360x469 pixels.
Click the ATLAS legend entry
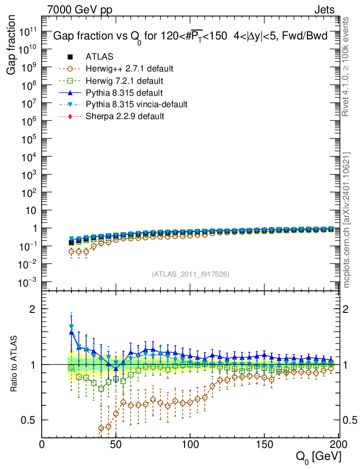pyautogui.click(x=99, y=57)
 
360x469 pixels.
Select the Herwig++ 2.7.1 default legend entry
pyautogui.click(x=129, y=69)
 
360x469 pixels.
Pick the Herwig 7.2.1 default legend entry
pyautogui.click(x=125, y=81)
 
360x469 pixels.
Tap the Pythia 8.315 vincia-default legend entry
pyautogui.click(x=136, y=104)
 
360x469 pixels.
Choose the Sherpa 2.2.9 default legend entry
pyautogui.click(x=125, y=116)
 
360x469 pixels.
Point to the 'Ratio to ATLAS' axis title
pyautogui.click(x=15, y=365)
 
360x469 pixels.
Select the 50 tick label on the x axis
pyautogui.click(x=116, y=444)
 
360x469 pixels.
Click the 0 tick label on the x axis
pyautogui.click(x=42, y=444)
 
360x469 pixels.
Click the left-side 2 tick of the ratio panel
pyautogui.click(x=32, y=309)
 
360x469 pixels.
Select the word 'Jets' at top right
pyautogui.click(x=324, y=9)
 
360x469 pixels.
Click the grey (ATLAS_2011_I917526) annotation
pyautogui.click(x=190, y=274)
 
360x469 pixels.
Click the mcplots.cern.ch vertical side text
pyautogui.click(x=347, y=220)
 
